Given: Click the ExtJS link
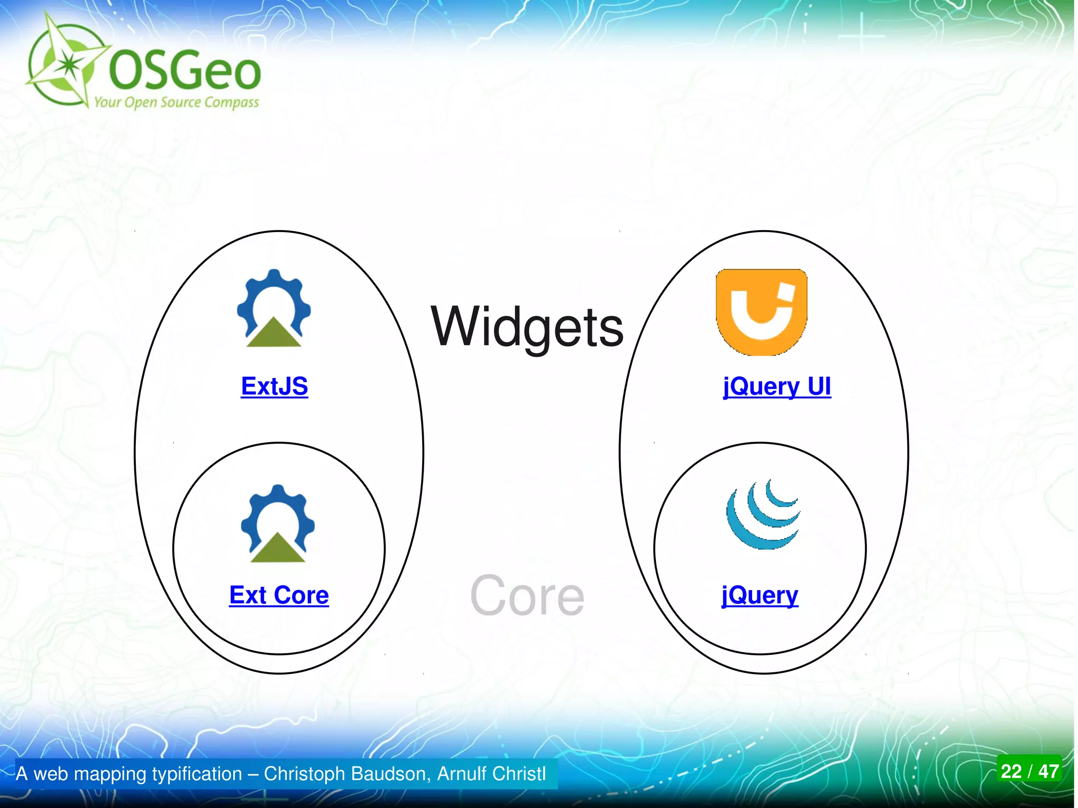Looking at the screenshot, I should [x=274, y=386].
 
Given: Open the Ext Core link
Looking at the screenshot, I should [x=279, y=595].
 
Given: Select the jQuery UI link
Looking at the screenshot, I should [x=777, y=386].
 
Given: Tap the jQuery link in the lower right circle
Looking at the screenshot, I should [x=760, y=595].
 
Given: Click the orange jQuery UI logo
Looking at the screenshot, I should [x=761, y=312].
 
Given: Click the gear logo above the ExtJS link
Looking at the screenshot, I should [x=274, y=308].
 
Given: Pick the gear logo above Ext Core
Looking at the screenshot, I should [x=278, y=524].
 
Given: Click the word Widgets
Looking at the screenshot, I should [x=527, y=327].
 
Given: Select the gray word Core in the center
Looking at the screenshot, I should [x=527, y=595].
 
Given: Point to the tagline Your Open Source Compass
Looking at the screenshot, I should [x=176, y=102].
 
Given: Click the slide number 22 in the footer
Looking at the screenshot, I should [x=1011, y=771].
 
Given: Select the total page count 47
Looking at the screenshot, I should [x=1048, y=771].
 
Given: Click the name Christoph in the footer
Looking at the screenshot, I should [x=304, y=774].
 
